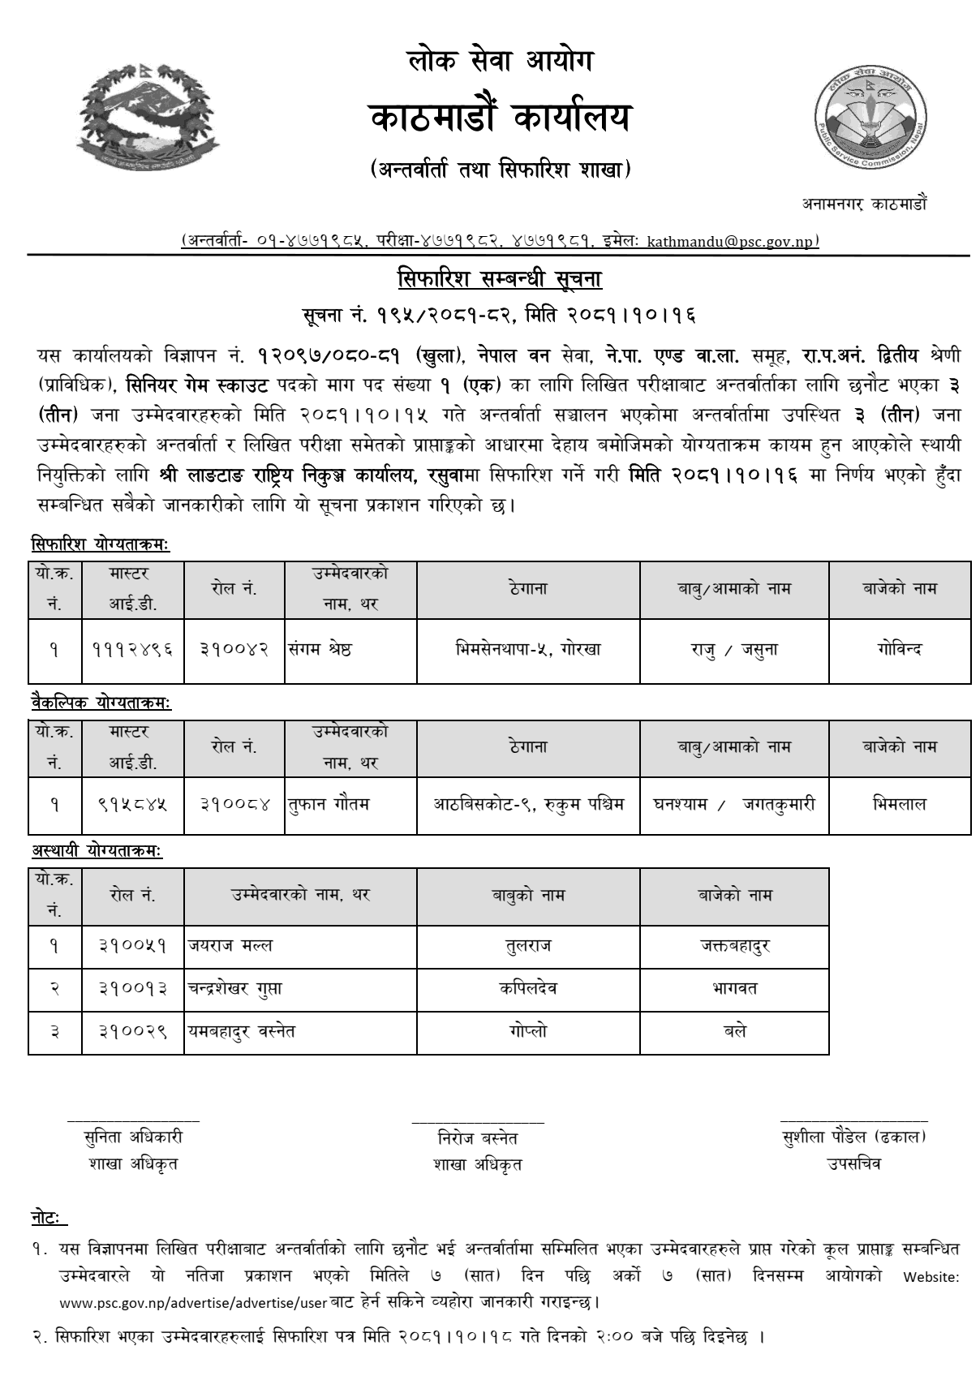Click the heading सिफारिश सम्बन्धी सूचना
pyautogui.click(x=499, y=279)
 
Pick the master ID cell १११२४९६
pyautogui.click(x=132, y=650)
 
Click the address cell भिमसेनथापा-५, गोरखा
pyautogui.click(x=528, y=650)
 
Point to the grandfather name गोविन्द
pyautogui.click(x=900, y=650)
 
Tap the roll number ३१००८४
pyautogui.click(x=234, y=805)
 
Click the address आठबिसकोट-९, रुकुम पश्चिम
pyautogui.click(x=528, y=805)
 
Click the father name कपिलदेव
pyautogui.click(x=528, y=988)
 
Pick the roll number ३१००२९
pyautogui.click(x=133, y=1031)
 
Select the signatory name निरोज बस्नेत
pyautogui.click(x=477, y=1138)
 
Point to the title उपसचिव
pyautogui.click(x=853, y=1163)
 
